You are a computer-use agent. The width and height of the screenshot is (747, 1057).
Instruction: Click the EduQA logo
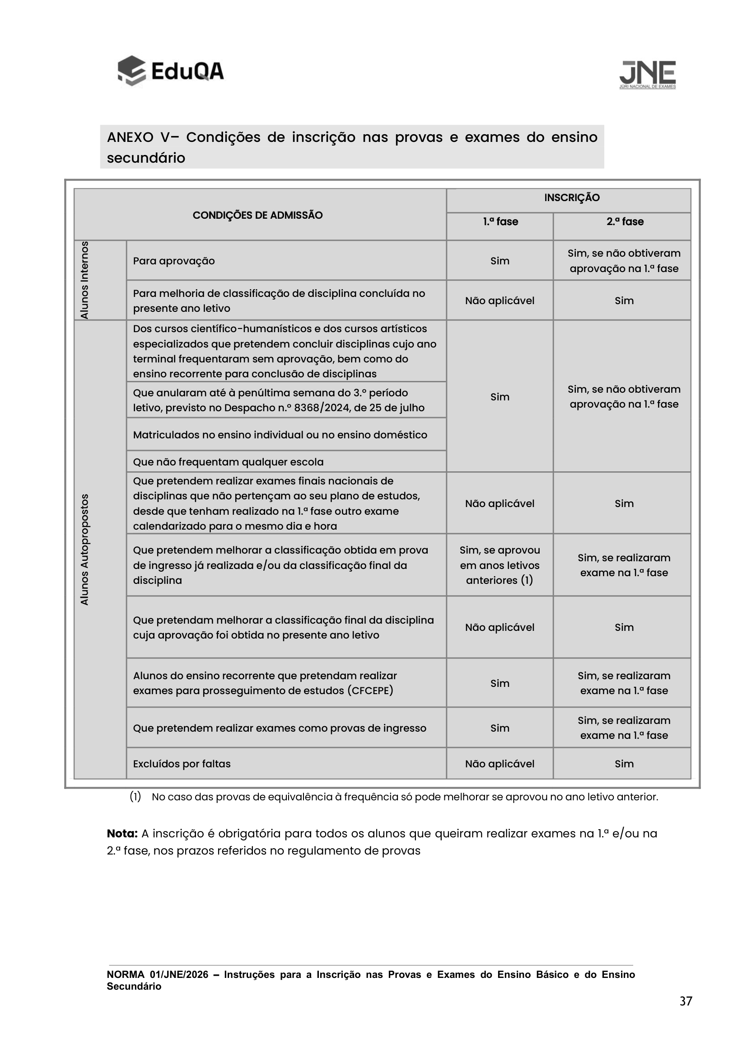coord(170,71)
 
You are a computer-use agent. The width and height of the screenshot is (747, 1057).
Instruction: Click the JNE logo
coord(647,74)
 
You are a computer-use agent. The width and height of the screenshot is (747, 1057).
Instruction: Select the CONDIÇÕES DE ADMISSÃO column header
coord(257,215)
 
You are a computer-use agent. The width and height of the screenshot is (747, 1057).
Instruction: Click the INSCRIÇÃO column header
coord(572,197)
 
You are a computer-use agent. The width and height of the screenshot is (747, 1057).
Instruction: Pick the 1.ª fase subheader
coord(500,221)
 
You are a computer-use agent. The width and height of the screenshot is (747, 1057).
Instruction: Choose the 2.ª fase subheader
coord(625,221)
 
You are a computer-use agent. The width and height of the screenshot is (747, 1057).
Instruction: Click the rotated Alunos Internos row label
coord(84,280)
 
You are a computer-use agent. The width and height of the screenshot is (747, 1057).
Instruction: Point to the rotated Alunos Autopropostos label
coord(84,549)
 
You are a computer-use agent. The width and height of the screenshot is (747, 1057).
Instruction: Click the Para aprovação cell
coord(174,261)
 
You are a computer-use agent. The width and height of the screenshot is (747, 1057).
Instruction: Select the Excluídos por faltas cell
coord(182,764)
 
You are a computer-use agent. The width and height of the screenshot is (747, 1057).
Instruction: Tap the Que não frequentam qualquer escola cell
coord(228,462)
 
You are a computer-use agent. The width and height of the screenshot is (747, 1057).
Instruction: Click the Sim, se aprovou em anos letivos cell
coord(500,565)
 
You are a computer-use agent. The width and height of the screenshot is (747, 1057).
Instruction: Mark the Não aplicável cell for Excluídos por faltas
coord(500,764)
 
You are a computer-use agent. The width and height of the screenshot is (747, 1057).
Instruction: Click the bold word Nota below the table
coord(122,833)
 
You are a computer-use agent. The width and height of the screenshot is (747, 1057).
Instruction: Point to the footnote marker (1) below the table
coord(135,796)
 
